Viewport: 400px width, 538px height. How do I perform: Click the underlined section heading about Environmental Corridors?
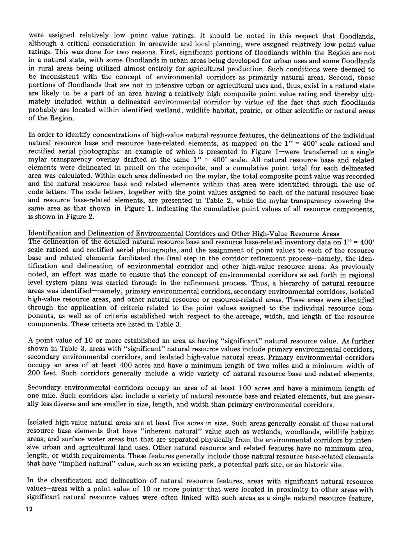(184, 234)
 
